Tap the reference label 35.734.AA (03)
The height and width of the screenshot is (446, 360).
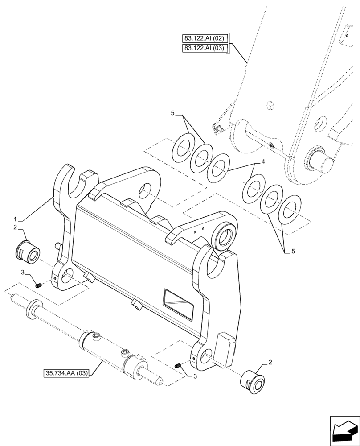67,372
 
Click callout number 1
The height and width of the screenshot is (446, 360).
16,219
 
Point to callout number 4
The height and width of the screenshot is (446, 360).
263,162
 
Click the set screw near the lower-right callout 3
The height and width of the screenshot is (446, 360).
178,366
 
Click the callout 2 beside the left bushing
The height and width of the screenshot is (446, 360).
15,227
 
